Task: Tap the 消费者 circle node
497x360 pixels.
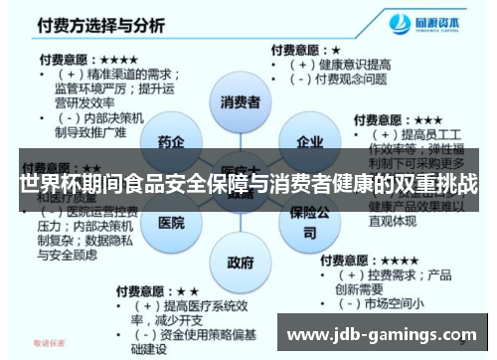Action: pyautogui.click(x=240, y=102)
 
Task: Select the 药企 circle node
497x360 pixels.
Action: pyautogui.click(x=170, y=143)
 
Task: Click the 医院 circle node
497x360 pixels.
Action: pyautogui.click(x=171, y=223)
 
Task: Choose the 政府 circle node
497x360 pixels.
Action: pyautogui.click(x=241, y=264)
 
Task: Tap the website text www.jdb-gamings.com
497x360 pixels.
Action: pyautogui.click(x=382, y=332)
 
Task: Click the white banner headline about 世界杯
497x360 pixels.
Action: pyautogui.click(x=248, y=184)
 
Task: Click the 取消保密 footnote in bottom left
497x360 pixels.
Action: pyautogui.click(x=49, y=344)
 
